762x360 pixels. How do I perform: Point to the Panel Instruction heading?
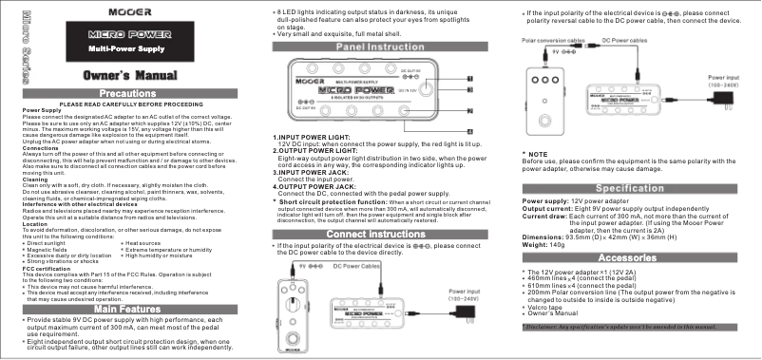[381, 47]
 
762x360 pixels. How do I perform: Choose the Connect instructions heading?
[380, 234]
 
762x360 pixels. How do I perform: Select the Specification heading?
[636, 163]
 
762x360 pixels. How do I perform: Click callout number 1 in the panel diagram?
[469, 79]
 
